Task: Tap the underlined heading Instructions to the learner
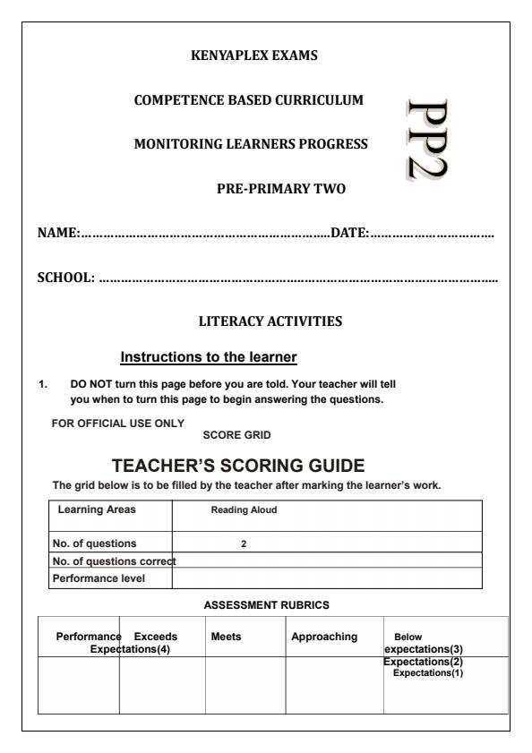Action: pos(208,357)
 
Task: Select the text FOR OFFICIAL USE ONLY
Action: pos(118,423)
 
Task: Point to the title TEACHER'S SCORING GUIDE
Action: pos(239,466)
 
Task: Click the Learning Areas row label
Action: pos(90,509)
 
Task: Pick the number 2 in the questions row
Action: pos(244,543)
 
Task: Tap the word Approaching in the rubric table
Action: pos(324,637)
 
